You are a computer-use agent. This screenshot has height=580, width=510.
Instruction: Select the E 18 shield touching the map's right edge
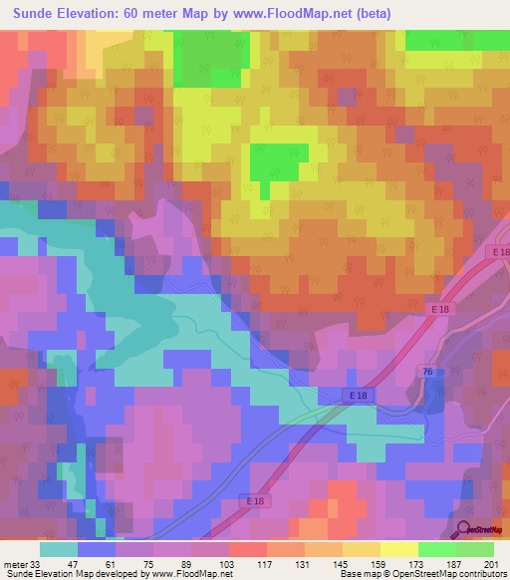[499, 253]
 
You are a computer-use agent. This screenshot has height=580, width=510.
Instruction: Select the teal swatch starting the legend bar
[59, 549]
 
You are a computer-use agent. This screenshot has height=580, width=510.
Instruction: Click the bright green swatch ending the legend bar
[475, 549]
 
